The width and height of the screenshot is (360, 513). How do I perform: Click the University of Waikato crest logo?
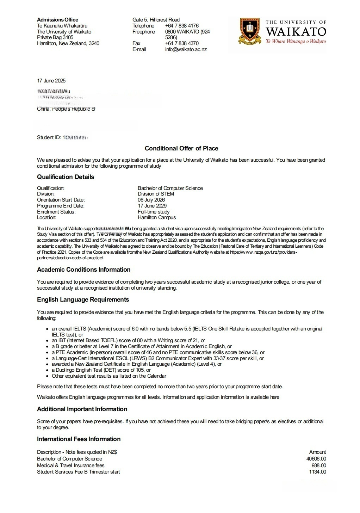click(250, 31)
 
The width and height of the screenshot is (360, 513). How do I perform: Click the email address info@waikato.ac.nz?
click(186, 49)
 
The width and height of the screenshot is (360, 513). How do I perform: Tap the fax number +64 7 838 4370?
click(182, 43)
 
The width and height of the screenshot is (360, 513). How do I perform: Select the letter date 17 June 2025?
click(51, 81)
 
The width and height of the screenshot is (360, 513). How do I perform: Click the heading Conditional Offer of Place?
click(181, 148)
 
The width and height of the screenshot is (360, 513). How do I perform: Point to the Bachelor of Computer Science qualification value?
click(170, 188)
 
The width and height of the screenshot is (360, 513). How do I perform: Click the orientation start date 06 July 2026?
click(151, 200)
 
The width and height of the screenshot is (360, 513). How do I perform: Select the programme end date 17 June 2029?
click(152, 206)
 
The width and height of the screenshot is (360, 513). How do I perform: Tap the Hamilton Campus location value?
click(157, 217)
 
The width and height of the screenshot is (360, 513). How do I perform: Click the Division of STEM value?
click(156, 194)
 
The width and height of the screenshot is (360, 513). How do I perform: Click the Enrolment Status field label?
click(56, 212)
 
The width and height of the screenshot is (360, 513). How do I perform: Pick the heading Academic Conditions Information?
click(84, 270)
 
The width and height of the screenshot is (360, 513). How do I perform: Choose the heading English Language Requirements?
click(83, 299)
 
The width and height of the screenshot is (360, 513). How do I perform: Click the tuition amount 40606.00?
click(316, 459)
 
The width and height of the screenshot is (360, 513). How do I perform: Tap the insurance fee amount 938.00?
click(319, 465)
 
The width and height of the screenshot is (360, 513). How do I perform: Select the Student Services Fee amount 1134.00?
click(317, 472)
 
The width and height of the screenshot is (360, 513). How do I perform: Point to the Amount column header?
click(317, 452)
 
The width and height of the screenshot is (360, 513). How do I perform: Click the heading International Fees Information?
click(79, 439)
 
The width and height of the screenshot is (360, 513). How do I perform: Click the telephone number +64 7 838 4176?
click(182, 26)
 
